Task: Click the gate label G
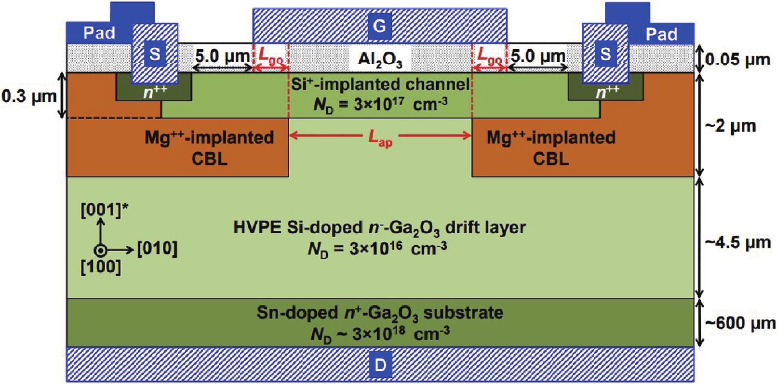[x=379, y=26]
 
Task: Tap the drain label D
[x=380, y=365]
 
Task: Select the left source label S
[x=155, y=54]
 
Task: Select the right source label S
[x=606, y=54]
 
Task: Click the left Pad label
[x=99, y=33]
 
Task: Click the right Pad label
[x=661, y=34]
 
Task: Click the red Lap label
[x=380, y=138]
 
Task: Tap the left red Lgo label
[x=271, y=56]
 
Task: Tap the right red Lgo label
[x=489, y=56]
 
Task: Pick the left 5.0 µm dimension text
[x=222, y=56]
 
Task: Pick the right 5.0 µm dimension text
[x=538, y=56]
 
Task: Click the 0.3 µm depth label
[x=29, y=96]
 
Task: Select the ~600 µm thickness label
[x=740, y=323]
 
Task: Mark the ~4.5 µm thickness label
[x=737, y=243]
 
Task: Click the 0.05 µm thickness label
[x=737, y=60]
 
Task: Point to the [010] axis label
[x=157, y=249]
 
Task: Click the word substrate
[x=463, y=313]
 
